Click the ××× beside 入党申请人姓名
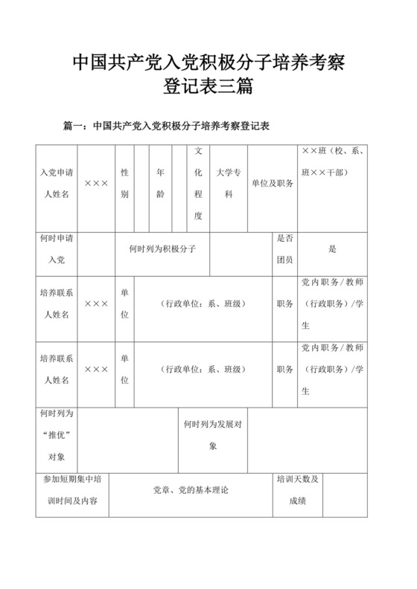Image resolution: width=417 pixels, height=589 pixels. tap(97, 183)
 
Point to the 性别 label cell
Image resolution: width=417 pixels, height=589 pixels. tap(124, 183)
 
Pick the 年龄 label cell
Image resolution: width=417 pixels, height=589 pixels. tap(160, 183)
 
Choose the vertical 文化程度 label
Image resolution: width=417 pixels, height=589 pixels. tap(198, 183)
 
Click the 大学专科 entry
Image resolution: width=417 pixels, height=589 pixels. tap(229, 183)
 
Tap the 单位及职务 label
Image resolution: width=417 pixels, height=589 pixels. tap(273, 183)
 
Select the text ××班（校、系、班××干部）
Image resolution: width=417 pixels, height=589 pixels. tap(332, 161)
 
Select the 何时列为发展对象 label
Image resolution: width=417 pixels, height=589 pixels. tap(213, 434)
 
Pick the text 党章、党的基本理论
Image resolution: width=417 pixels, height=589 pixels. tap(191, 491)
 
